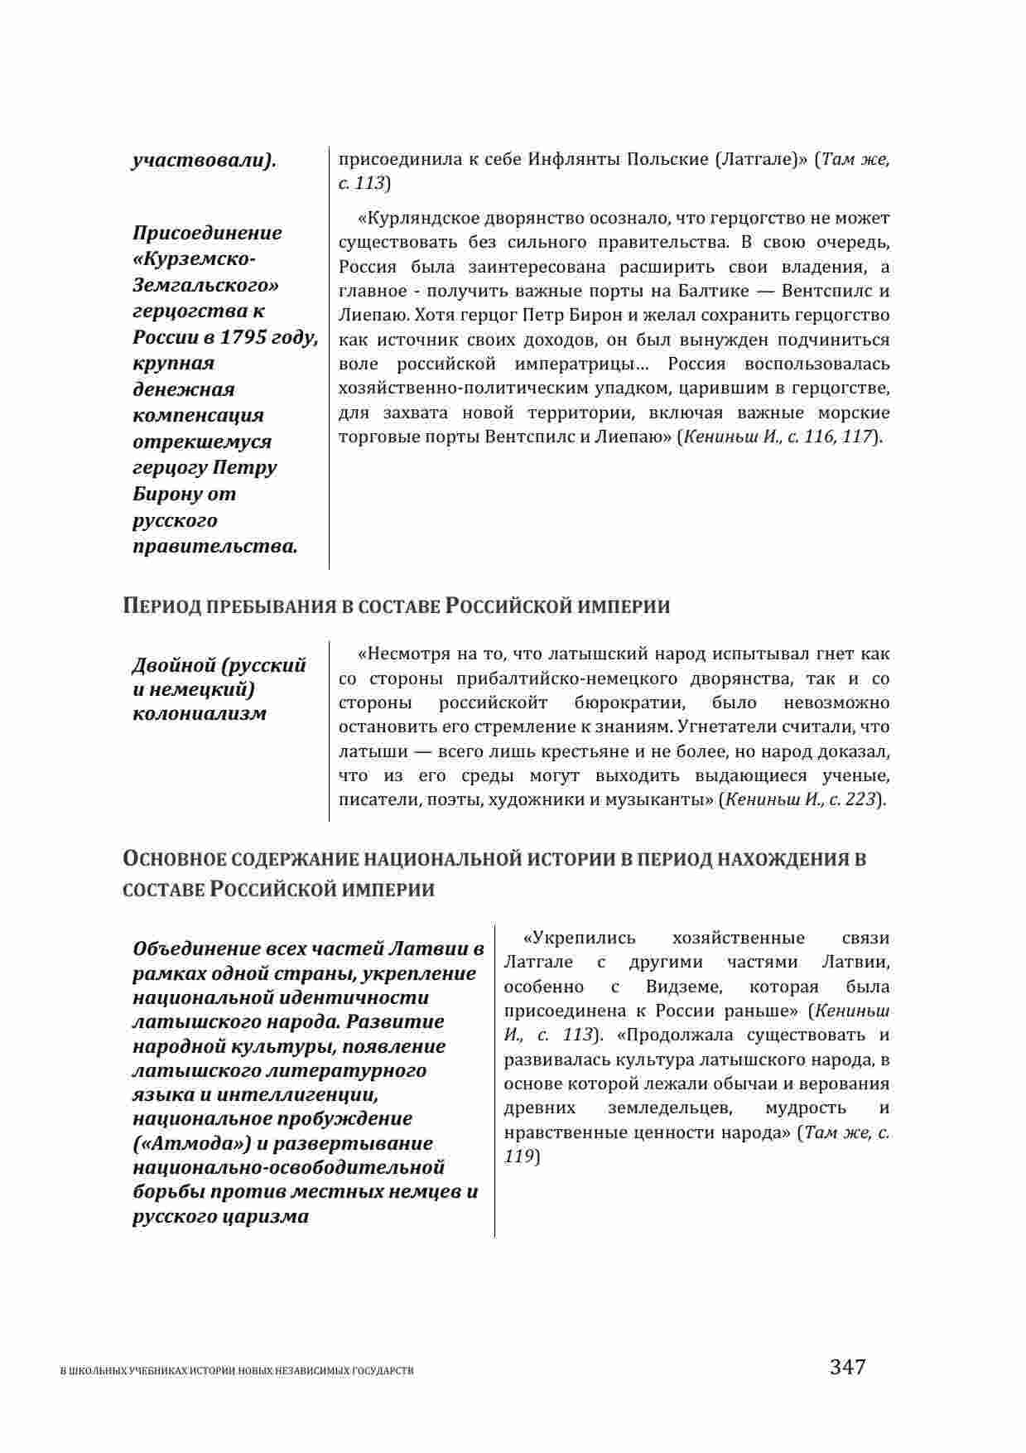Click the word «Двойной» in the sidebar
click(173, 665)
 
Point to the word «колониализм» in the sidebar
click(200, 713)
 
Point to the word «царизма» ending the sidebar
click(266, 1216)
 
